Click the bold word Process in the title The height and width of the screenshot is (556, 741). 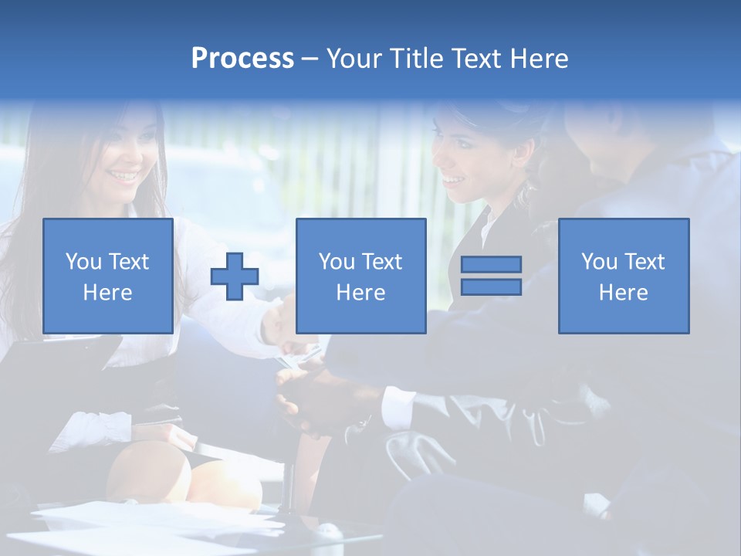(242, 59)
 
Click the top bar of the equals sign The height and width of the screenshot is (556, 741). (491, 265)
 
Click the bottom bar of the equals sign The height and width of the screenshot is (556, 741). (491, 287)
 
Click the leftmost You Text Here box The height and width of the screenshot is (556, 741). (108, 276)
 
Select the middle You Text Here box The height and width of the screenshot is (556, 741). (360, 276)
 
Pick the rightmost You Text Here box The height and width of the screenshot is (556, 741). (624, 276)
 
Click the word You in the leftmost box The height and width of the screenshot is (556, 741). (82, 262)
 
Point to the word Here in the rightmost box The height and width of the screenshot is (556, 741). (624, 293)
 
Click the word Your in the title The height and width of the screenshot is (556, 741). (354, 59)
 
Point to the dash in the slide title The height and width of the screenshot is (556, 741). (309, 59)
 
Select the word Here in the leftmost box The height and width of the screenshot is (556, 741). (108, 293)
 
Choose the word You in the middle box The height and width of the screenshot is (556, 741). (336, 262)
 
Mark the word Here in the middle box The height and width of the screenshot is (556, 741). (360, 293)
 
